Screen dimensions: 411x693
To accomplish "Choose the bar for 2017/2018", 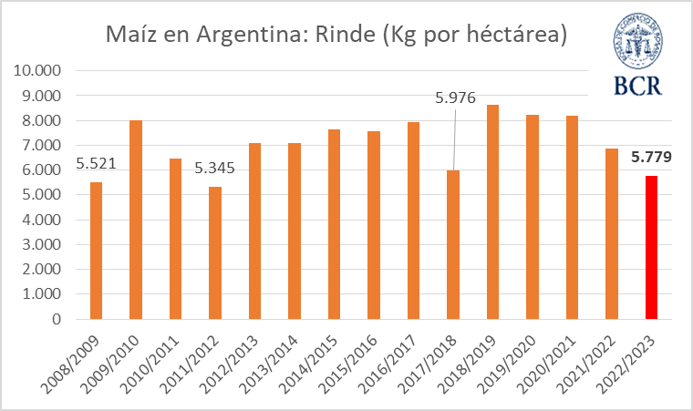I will point(452,245).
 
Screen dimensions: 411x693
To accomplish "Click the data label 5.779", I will point(651,158).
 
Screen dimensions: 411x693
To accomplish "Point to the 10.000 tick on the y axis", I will point(39,71).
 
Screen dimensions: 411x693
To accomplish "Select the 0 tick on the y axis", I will point(57,320).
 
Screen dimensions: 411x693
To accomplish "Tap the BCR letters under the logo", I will point(638,87).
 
